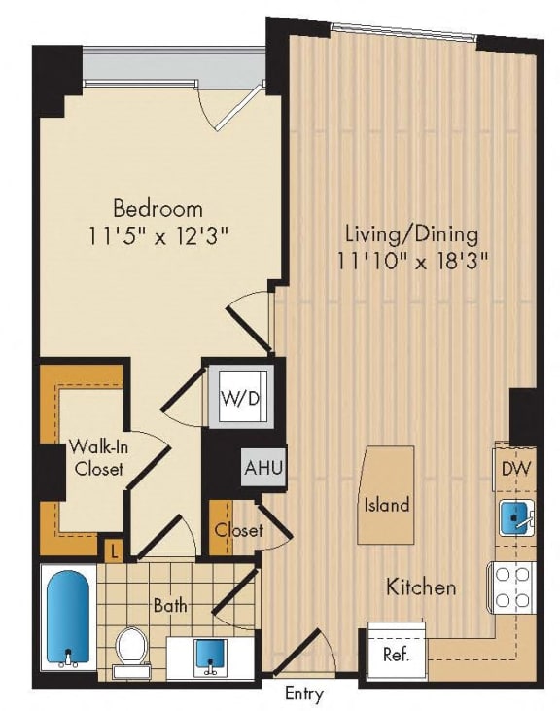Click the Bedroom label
coord(157,208)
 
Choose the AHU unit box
coord(262,468)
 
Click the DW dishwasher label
coord(515,470)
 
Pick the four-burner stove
coord(513,586)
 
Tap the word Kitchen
coord(422,587)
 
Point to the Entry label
coord(304,694)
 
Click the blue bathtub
coord(69,619)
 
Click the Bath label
coord(169,605)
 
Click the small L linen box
coord(116,551)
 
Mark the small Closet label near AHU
coord(239,531)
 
